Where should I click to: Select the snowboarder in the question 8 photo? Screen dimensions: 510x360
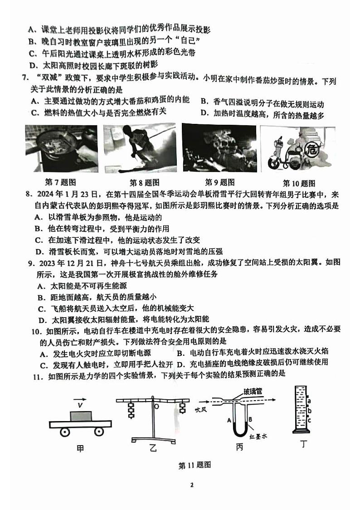coord(136,145)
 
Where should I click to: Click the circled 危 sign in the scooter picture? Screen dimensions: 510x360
coord(311,148)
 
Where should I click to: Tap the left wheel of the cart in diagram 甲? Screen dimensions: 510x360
coord(65,432)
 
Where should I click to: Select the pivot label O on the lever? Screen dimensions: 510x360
coord(156,407)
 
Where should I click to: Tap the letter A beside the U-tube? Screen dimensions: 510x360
coord(229,420)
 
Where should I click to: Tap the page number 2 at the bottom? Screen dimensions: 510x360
coord(191,485)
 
